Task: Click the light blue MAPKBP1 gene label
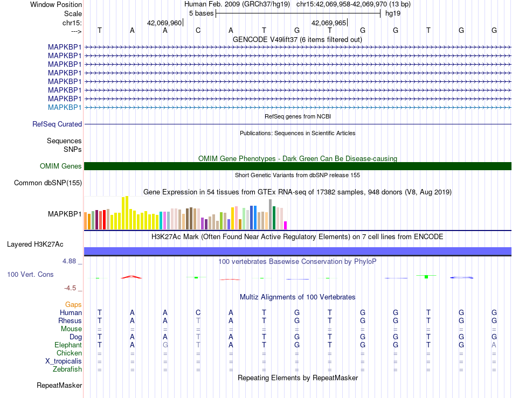[x=65, y=107]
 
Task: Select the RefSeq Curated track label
[x=57, y=124]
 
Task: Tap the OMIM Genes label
[x=61, y=166]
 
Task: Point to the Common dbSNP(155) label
[x=48, y=183]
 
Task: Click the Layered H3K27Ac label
[x=35, y=245]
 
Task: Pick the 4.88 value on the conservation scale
[x=69, y=261]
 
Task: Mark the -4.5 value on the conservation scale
[x=70, y=288]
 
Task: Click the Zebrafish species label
[x=67, y=369]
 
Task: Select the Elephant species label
[x=68, y=345]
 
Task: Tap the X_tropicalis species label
[x=64, y=361]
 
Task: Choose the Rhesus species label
[x=70, y=320]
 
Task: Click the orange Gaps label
[x=73, y=304]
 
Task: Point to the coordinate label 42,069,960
[x=164, y=23]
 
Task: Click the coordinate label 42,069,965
[x=329, y=23]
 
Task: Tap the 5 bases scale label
[x=201, y=13]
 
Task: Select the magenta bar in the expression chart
[x=286, y=226]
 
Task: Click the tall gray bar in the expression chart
[x=271, y=214]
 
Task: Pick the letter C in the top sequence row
[x=198, y=30]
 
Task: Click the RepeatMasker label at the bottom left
[x=59, y=385]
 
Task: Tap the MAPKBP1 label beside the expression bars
[x=65, y=214]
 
